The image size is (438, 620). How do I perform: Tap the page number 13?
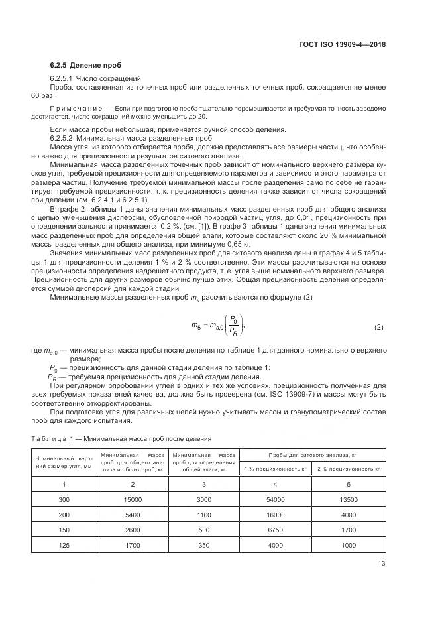(x=381, y=564)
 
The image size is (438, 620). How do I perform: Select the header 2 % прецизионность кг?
(x=349, y=469)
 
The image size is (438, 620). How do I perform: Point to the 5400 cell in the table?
(x=132, y=514)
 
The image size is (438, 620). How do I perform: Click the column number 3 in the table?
(x=204, y=484)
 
